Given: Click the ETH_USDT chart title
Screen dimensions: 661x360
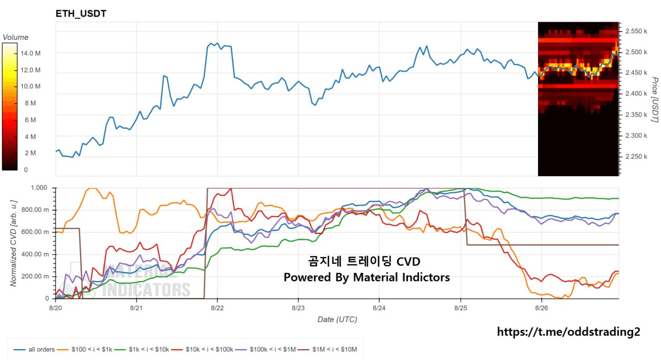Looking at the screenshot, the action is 81,13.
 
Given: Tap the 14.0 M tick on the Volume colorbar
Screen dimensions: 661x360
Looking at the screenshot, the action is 30,53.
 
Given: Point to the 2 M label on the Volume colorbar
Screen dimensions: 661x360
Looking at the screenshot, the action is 30,153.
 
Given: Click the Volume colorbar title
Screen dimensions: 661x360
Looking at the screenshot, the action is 15,37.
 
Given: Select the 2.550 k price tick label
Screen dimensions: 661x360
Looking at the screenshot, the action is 636,31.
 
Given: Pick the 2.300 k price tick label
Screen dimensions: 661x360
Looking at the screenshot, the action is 636,136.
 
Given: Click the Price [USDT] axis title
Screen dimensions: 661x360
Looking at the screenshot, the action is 655,100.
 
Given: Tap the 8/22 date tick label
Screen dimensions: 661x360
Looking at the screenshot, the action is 217,308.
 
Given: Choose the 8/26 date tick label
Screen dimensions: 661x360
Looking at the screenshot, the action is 542,308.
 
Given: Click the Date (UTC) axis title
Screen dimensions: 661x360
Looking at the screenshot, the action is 337,319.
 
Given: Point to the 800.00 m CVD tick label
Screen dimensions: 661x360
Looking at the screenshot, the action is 35,210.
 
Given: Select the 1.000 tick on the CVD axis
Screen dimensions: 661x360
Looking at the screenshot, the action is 39,187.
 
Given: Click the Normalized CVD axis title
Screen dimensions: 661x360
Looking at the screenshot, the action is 13,243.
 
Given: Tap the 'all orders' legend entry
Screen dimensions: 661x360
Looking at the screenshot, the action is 34,349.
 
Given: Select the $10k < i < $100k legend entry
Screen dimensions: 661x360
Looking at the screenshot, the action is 202,349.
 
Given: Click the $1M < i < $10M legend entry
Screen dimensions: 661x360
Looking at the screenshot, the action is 327,349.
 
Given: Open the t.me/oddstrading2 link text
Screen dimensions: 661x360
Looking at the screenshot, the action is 569,332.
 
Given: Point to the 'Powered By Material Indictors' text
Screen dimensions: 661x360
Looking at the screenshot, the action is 367,277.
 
